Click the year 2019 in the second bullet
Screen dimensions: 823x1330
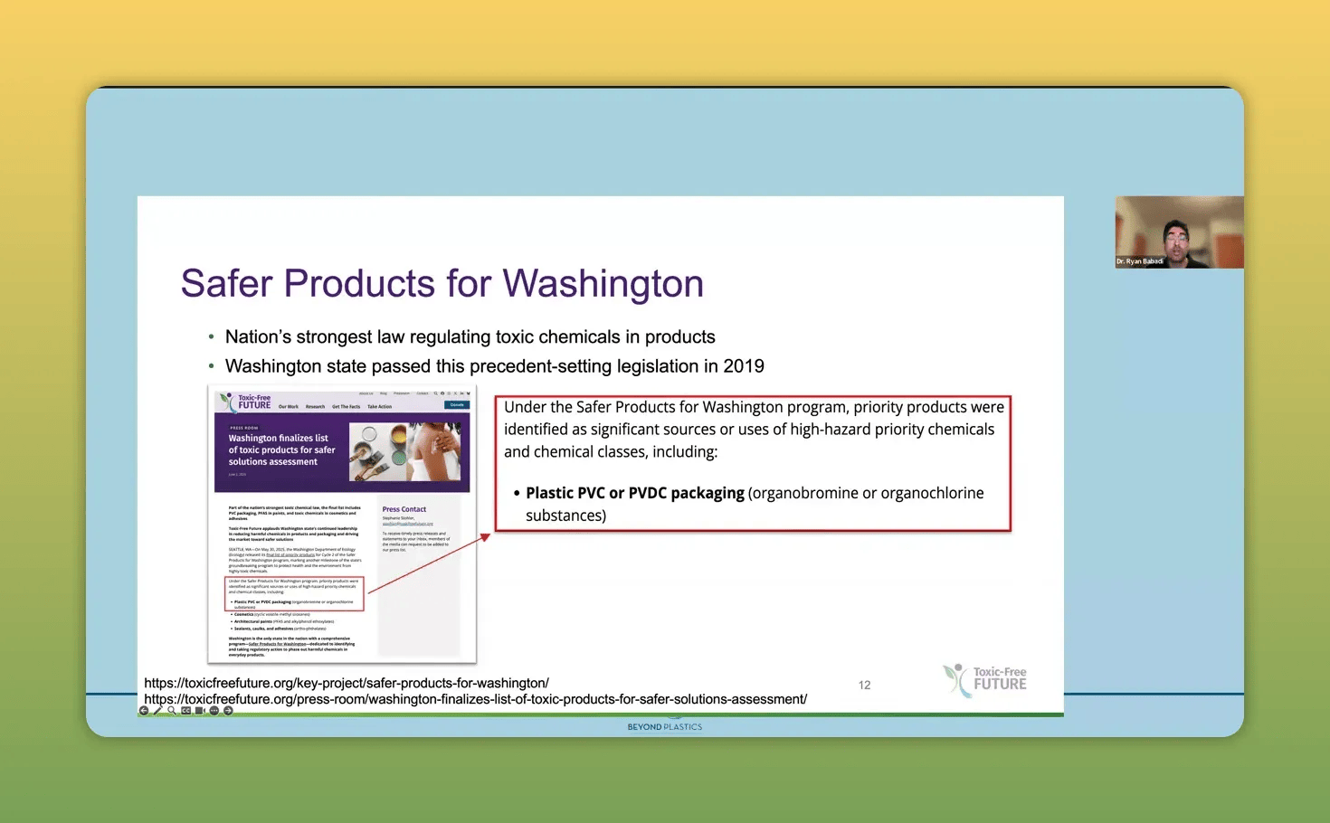pos(743,366)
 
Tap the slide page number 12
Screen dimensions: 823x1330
pos(864,686)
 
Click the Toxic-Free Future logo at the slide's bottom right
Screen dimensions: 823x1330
pos(985,679)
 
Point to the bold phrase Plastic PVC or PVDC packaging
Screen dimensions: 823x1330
pos(634,493)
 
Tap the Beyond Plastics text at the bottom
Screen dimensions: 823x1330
pos(664,727)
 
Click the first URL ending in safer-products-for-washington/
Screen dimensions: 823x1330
pos(347,683)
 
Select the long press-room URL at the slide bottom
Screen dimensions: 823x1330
pos(475,699)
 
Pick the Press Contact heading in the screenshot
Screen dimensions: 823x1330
pos(404,509)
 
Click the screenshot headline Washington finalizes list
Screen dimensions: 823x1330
pos(278,439)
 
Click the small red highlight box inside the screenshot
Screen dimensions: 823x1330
pos(294,593)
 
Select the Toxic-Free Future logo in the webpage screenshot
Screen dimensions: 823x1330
pos(245,402)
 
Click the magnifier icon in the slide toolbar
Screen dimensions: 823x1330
pos(172,711)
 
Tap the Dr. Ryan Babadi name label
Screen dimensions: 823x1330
pos(1139,261)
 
